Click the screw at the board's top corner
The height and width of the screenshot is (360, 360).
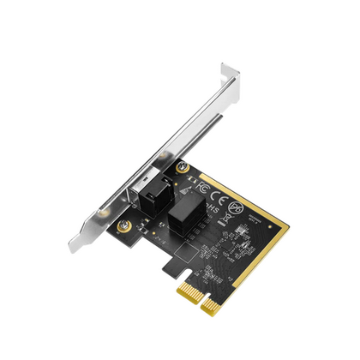tap(181, 169)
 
